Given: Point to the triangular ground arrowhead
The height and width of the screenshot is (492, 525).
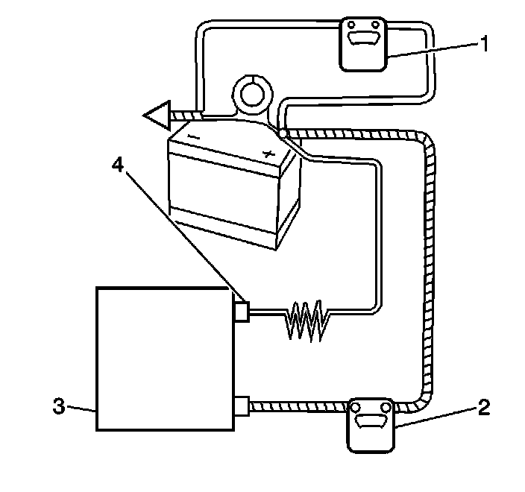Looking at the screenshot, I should (158, 116).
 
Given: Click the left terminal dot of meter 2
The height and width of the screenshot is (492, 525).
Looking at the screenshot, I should (356, 407).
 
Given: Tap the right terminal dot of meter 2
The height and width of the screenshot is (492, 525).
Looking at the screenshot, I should (385, 407).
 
